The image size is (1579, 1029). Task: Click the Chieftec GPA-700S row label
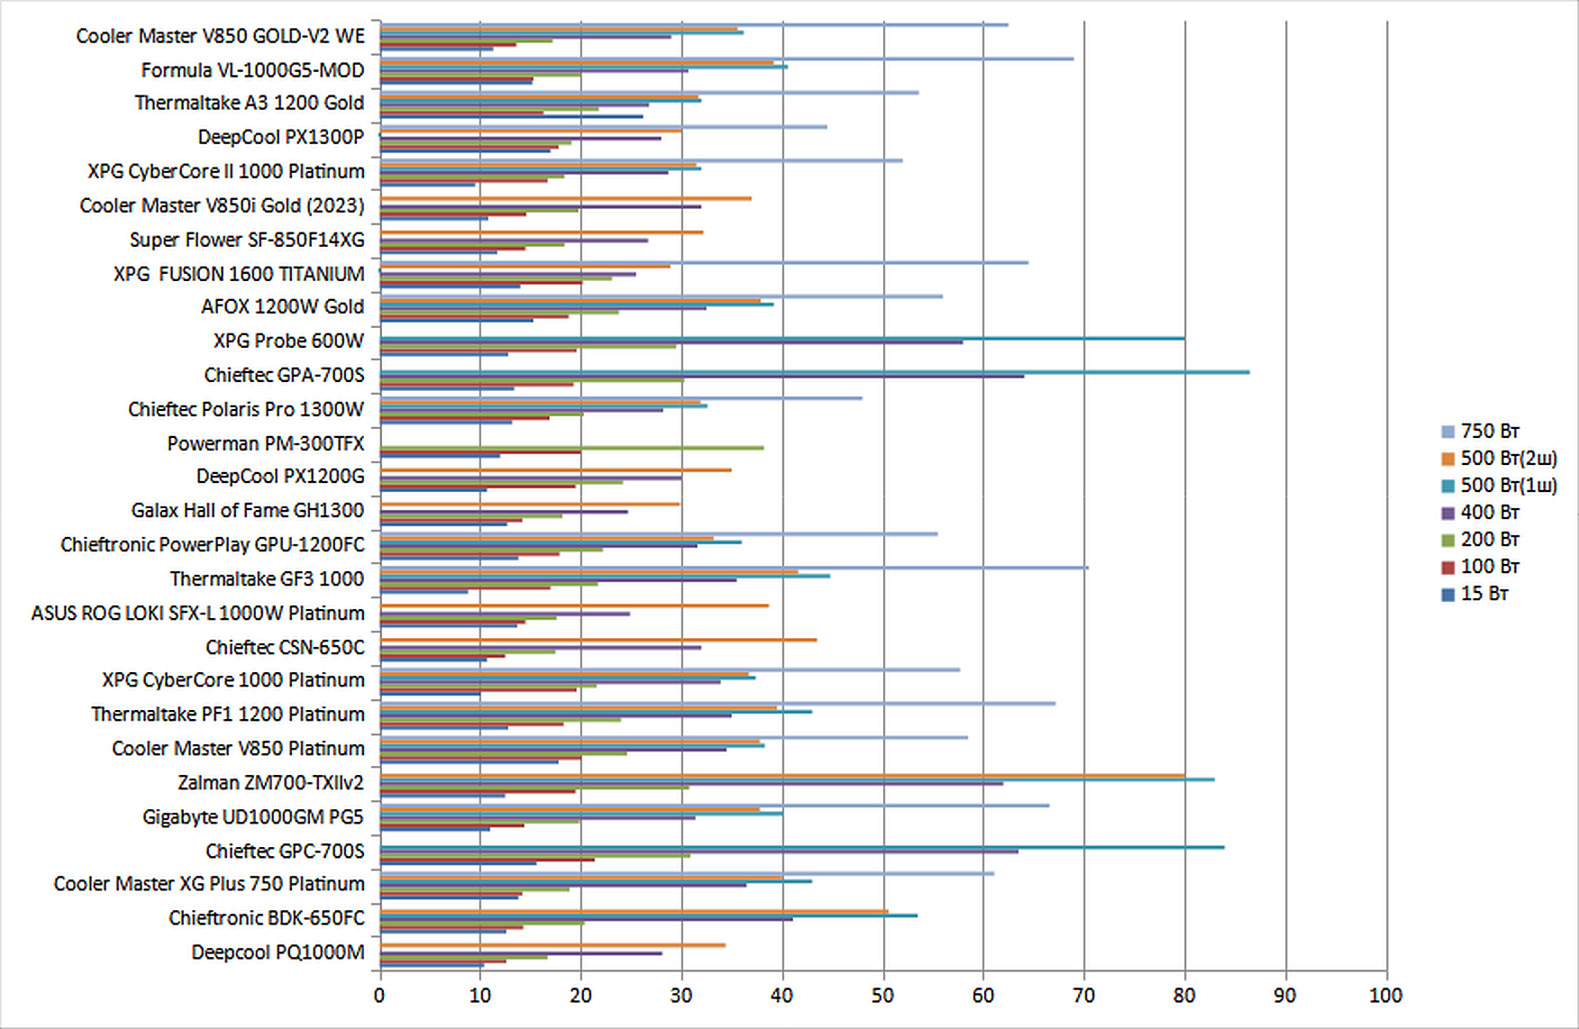pyautogui.click(x=284, y=375)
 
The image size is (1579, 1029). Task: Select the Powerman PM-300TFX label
pyautogui.click(x=265, y=443)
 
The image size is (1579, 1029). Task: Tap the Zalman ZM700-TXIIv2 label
pyautogui.click(x=270, y=782)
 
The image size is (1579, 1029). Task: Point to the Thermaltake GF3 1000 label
pyautogui.click(x=267, y=578)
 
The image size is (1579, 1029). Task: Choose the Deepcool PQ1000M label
pyautogui.click(x=278, y=952)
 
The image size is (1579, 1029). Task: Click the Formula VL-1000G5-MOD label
pyautogui.click(x=252, y=70)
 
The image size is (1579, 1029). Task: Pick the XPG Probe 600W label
pyautogui.click(x=288, y=341)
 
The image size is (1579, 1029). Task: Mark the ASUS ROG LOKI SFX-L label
pyautogui.click(x=197, y=613)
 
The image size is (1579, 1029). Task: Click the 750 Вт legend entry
pyautogui.click(x=1489, y=431)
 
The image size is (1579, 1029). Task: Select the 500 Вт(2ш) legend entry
pyautogui.click(x=1508, y=458)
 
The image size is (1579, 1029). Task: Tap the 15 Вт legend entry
pyautogui.click(x=1483, y=593)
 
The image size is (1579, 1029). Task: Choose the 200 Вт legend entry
pyautogui.click(x=1489, y=539)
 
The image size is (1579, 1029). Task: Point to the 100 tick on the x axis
pyautogui.click(x=1385, y=996)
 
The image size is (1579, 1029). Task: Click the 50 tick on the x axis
pyautogui.click(x=883, y=996)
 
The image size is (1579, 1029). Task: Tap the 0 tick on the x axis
pyautogui.click(x=379, y=996)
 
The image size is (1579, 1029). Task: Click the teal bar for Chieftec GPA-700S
pyautogui.click(x=811, y=371)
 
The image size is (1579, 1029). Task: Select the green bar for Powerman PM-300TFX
pyautogui.click(x=571, y=448)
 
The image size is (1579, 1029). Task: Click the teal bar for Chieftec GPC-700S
pyautogui.click(x=802, y=847)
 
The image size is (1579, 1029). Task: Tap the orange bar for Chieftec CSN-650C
pyautogui.click(x=598, y=640)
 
